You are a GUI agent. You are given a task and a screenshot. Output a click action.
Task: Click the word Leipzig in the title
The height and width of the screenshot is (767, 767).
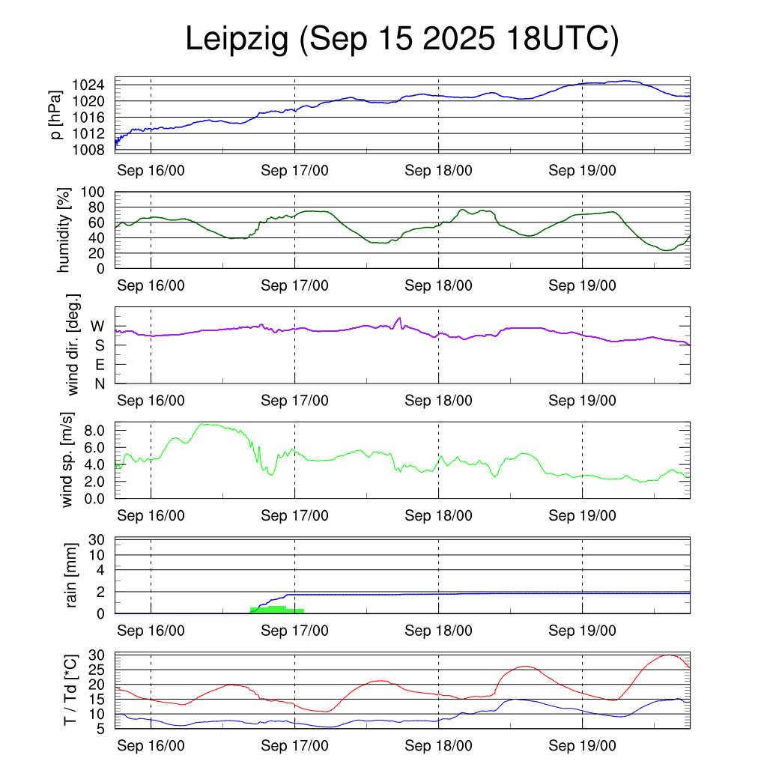pyautogui.click(x=237, y=40)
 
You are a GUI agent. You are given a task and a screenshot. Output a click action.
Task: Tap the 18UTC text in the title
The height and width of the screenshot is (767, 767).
pyautogui.click(x=563, y=40)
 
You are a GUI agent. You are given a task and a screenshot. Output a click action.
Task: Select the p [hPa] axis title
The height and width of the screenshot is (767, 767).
pyautogui.click(x=55, y=114)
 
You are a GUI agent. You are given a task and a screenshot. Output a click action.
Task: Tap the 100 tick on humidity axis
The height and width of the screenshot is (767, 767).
pyautogui.click(x=98, y=192)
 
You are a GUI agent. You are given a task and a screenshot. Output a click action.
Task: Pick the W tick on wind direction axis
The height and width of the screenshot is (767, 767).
pyautogui.click(x=97, y=326)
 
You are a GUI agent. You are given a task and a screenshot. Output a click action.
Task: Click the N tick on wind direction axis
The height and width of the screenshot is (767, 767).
pyautogui.click(x=98, y=383)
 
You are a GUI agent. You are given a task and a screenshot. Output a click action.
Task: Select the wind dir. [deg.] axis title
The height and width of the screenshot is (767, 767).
pyautogui.click(x=73, y=345)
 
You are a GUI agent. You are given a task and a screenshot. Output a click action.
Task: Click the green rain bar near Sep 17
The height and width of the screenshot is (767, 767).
pyautogui.click(x=276, y=610)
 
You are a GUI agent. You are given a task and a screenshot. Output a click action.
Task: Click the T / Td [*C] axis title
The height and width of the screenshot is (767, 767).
pyautogui.click(x=70, y=690)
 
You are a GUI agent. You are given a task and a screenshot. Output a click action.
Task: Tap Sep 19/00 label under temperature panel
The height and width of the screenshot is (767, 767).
pyautogui.click(x=582, y=746)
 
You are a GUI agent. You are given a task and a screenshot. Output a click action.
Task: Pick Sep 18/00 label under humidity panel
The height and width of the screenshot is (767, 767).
pyautogui.click(x=438, y=285)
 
